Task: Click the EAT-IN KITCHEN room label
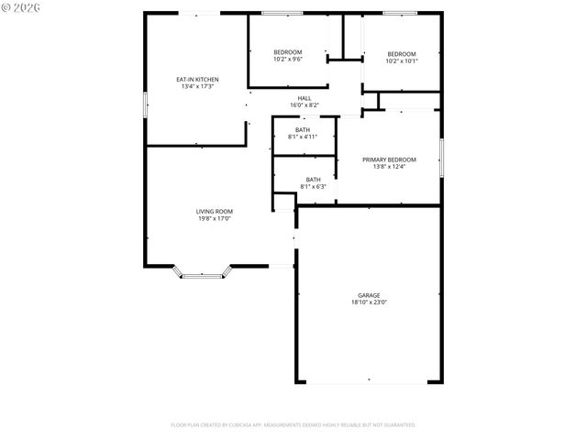[x=197, y=80]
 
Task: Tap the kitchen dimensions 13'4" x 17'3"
[x=197, y=87]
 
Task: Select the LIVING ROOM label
[x=214, y=211]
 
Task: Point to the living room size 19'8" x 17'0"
[x=214, y=218]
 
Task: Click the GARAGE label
[x=369, y=295]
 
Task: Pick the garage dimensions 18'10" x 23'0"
[x=369, y=302]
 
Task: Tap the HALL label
[x=305, y=98]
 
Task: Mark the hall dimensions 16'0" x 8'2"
[x=305, y=105]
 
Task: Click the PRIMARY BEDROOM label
[x=389, y=159]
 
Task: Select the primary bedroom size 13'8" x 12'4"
[x=389, y=167]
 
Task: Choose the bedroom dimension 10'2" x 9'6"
[x=288, y=60]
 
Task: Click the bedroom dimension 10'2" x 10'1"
[x=402, y=61]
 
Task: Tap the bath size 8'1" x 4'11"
[x=303, y=137]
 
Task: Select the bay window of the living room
[x=205, y=273]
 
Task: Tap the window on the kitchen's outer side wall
[x=144, y=104]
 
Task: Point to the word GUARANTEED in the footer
[x=397, y=425]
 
